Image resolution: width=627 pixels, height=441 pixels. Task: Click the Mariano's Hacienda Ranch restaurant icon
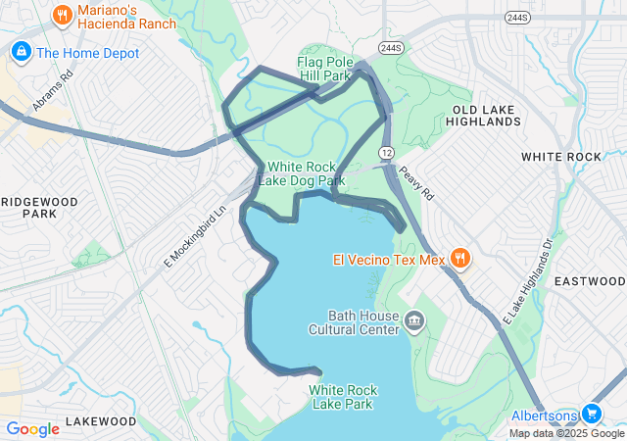click(x=63, y=15)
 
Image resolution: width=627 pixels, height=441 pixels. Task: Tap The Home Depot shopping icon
click(x=20, y=53)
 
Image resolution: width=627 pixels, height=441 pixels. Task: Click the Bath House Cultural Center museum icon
click(x=413, y=322)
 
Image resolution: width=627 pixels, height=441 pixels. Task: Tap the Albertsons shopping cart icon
click(x=591, y=415)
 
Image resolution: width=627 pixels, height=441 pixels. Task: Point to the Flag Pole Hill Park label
click(x=324, y=68)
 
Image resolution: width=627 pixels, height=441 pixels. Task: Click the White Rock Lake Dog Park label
click(x=302, y=173)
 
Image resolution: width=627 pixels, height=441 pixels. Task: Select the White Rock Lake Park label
click(x=342, y=396)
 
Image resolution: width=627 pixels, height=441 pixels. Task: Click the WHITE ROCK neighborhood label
click(x=561, y=157)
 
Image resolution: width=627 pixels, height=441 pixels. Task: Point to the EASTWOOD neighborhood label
click(x=590, y=281)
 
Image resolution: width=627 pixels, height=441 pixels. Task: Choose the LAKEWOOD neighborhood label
click(x=101, y=421)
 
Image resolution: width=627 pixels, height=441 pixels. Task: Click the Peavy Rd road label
click(x=416, y=182)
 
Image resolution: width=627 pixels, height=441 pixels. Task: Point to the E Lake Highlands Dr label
click(x=528, y=282)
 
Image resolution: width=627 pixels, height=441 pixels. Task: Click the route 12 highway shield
click(x=388, y=153)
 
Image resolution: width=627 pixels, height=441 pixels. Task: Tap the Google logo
click(x=33, y=429)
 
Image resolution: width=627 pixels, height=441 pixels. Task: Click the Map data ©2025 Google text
click(x=566, y=433)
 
